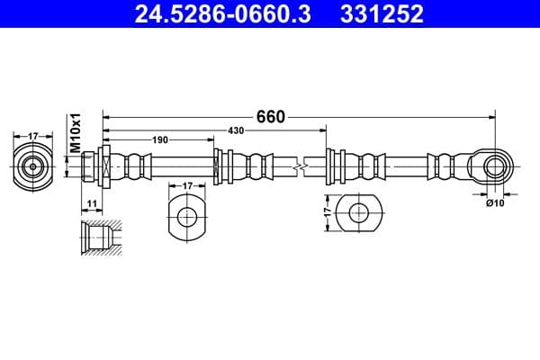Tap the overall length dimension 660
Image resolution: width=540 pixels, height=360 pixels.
point(270,116)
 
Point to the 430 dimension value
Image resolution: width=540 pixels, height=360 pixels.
point(235,131)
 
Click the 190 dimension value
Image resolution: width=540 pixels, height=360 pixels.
point(160,139)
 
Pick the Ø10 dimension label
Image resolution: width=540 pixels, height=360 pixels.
point(494,202)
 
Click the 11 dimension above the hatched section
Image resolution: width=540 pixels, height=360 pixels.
point(92,204)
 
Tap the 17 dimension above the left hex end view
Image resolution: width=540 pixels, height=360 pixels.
point(33,136)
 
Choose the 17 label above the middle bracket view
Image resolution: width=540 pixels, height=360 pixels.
point(187,185)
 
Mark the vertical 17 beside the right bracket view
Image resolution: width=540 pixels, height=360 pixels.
point(328,214)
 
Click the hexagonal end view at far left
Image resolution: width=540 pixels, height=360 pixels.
point(33,166)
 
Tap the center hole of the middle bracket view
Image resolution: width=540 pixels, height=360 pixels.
point(187,216)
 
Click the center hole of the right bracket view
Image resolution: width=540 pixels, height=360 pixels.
point(358,213)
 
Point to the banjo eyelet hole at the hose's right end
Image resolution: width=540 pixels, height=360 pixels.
point(493,166)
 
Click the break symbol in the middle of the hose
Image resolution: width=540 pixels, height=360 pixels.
point(303,166)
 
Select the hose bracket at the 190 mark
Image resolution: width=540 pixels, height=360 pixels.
point(219,166)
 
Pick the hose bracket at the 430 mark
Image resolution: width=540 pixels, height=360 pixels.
point(330,166)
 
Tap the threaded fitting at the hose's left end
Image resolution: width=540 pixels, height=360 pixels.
point(94,166)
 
